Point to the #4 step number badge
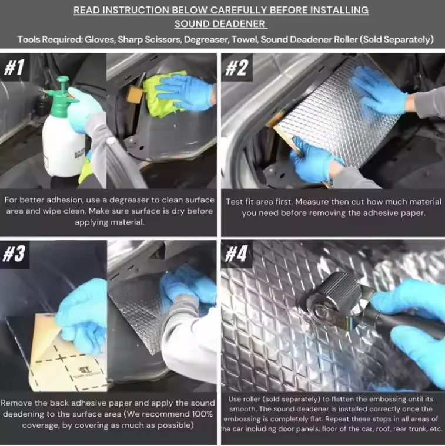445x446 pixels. pyautogui.click(x=236, y=254)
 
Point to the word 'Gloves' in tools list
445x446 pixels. pyautogui.click(x=101, y=40)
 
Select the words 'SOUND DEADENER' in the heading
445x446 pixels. pyautogui.click(x=220, y=24)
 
